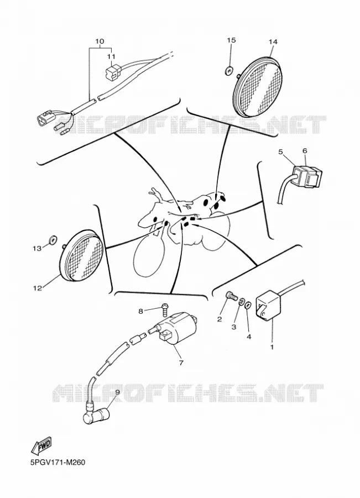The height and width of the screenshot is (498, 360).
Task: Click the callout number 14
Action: click(x=273, y=42)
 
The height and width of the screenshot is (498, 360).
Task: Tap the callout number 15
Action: click(x=231, y=40)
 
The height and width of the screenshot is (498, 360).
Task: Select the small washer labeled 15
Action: click(x=228, y=70)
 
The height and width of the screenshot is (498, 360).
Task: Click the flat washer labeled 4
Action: click(x=248, y=304)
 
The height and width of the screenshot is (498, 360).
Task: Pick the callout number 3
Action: click(x=234, y=327)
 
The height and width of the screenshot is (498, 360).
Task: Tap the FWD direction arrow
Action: click(x=40, y=446)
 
